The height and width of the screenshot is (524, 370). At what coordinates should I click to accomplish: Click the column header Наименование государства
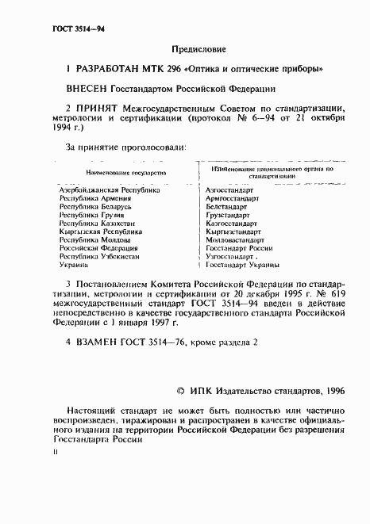pos(120,171)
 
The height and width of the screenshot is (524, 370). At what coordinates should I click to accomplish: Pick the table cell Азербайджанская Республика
pos(110,191)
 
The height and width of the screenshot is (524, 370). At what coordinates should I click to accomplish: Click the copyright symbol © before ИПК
pos(180,391)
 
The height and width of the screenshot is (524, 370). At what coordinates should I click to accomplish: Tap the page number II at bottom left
pos(55,450)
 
